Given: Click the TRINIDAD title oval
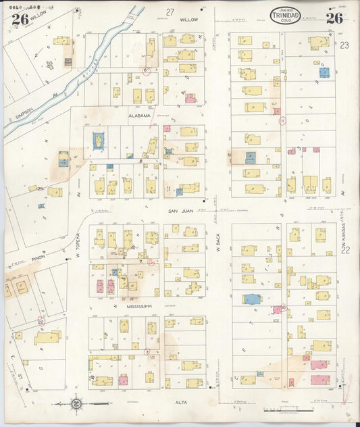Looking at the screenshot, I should click(286, 16).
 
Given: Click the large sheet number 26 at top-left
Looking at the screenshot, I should click(19, 18).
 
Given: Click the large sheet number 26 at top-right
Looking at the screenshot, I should click(334, 18).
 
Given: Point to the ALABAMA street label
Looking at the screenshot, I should click(140, 116).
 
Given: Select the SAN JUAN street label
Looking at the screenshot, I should click(181, 211).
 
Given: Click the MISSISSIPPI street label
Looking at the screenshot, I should click(140, 305).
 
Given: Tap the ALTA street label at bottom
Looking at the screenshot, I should click(181, 402).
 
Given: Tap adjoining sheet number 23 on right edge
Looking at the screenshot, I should click(344, 46).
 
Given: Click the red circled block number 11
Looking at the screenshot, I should click(282, 121).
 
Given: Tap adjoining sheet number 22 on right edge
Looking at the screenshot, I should click(346, 250).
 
